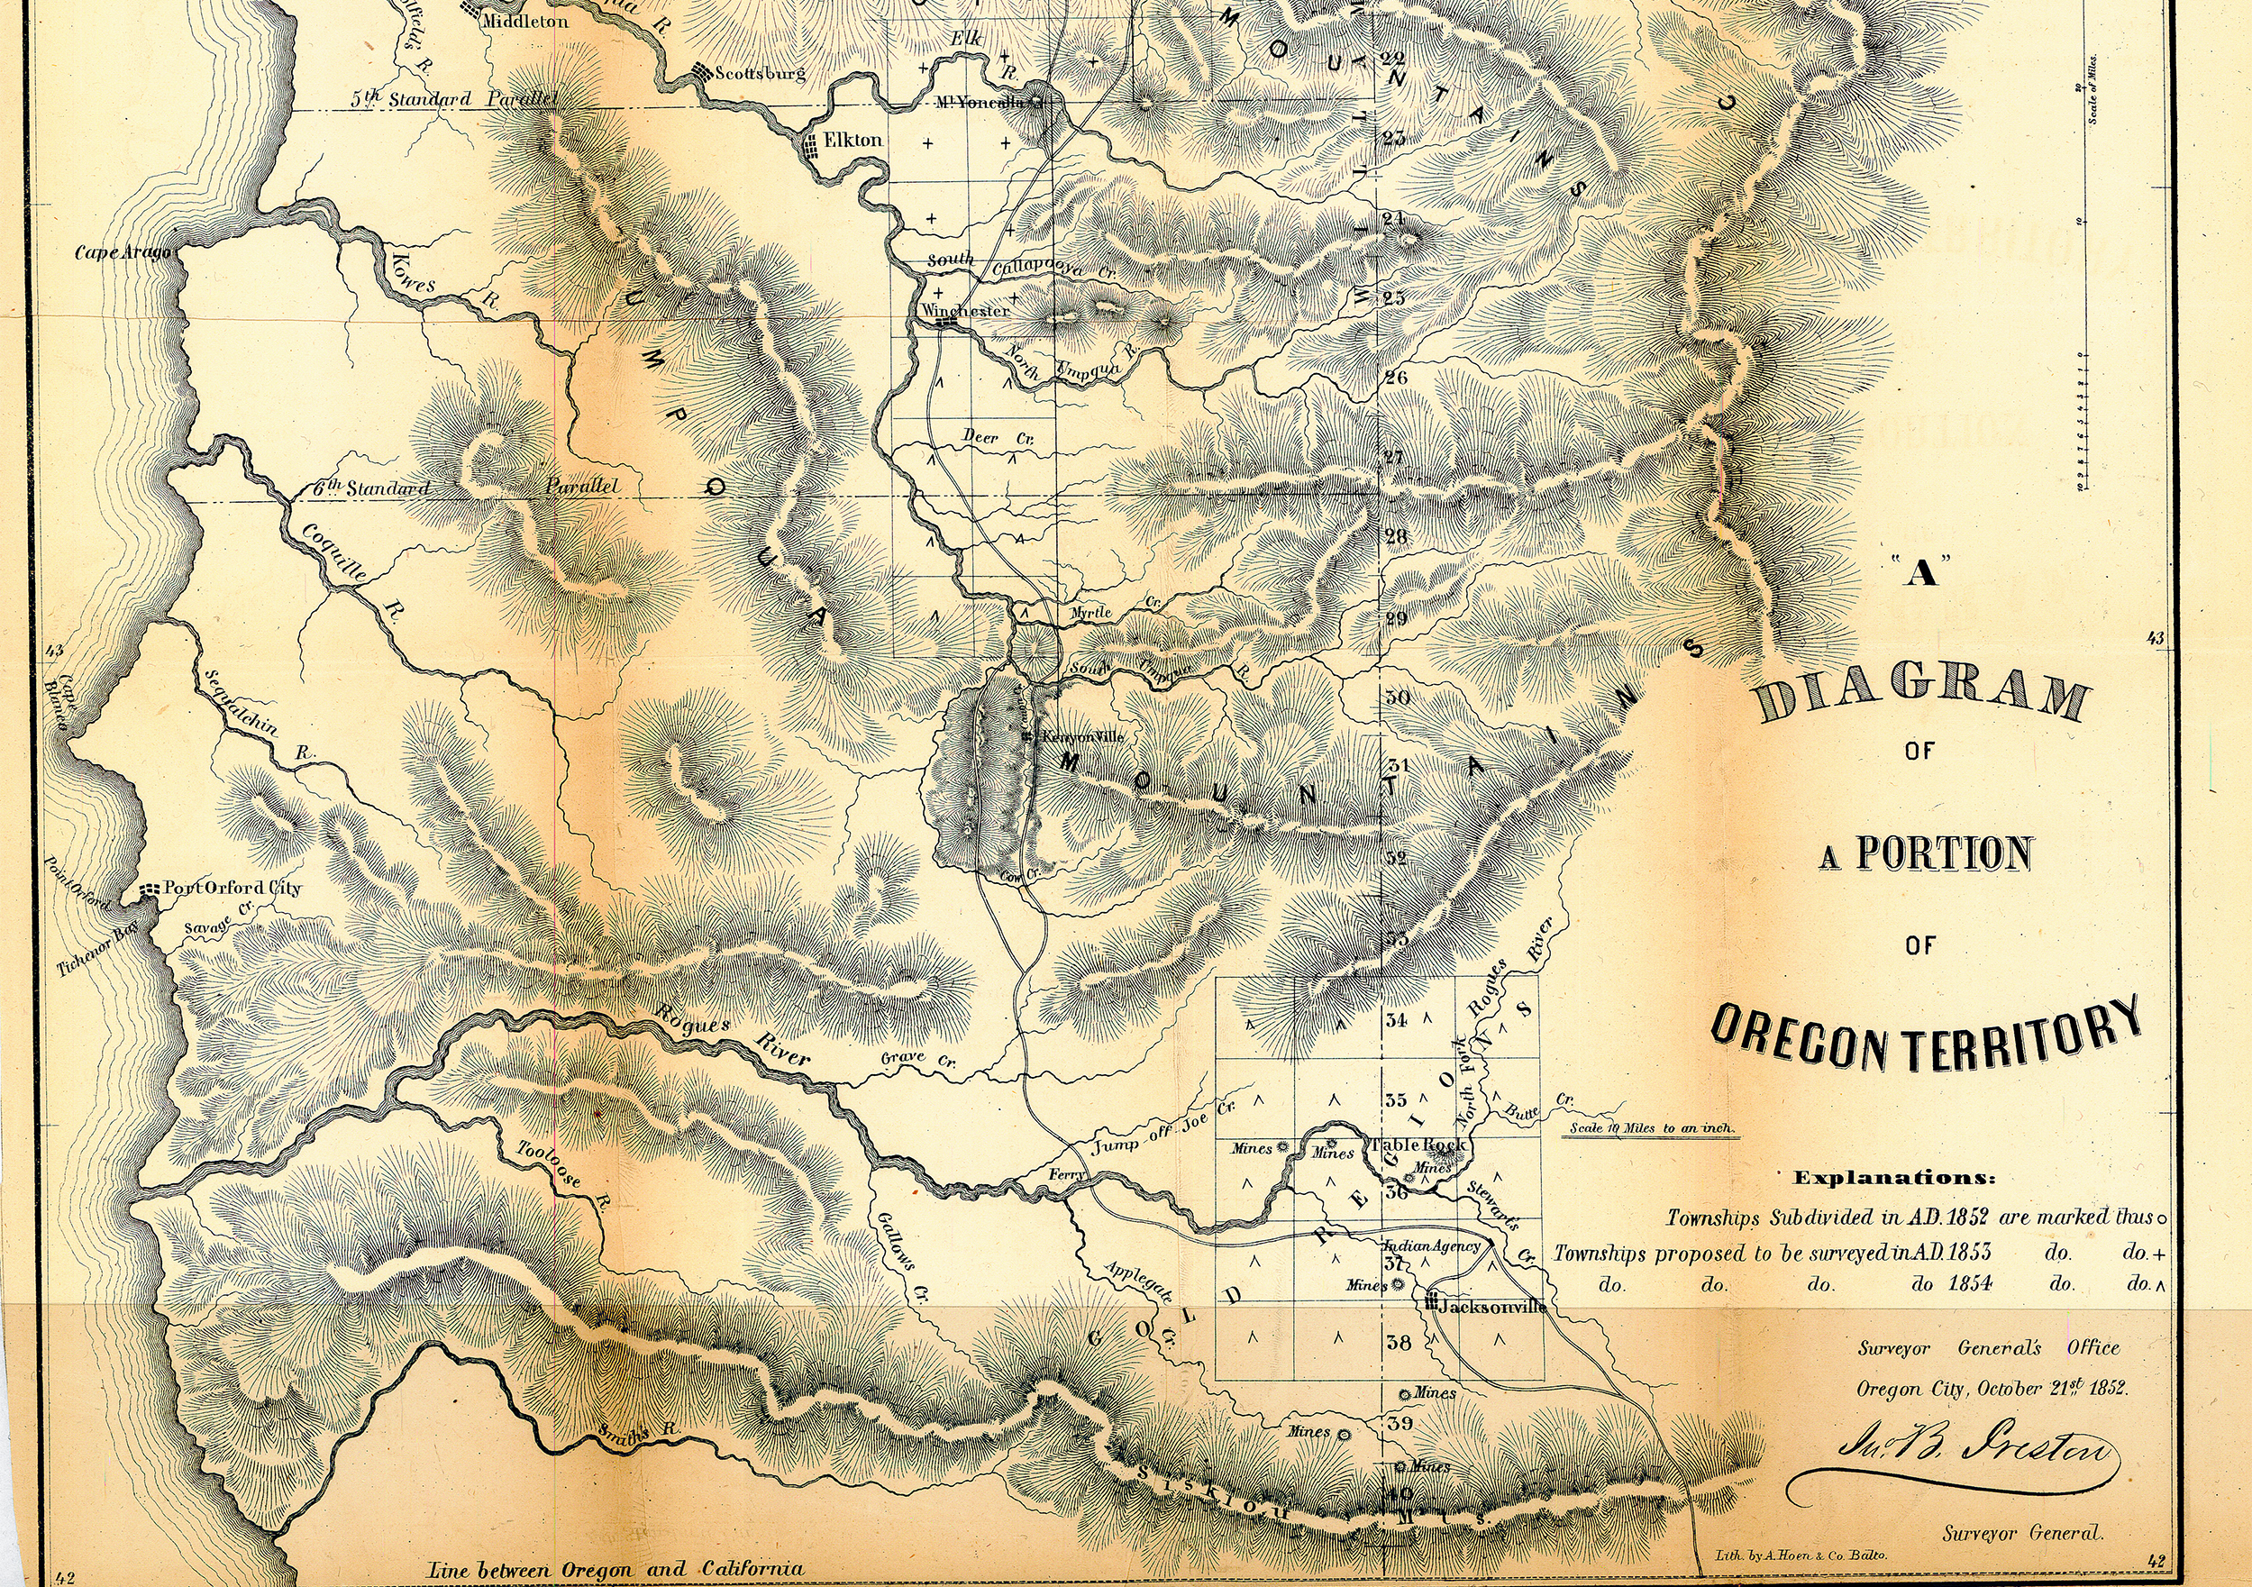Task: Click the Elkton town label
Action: click(852, 141)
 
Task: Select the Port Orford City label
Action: click(232, 889)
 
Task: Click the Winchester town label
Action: click(965, 310)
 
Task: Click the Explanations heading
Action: click(1894, 1178)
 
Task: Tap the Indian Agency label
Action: click(1431, 1246)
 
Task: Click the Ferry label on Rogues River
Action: click(1067, 1174)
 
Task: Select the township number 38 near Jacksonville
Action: click(1399, 1343)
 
